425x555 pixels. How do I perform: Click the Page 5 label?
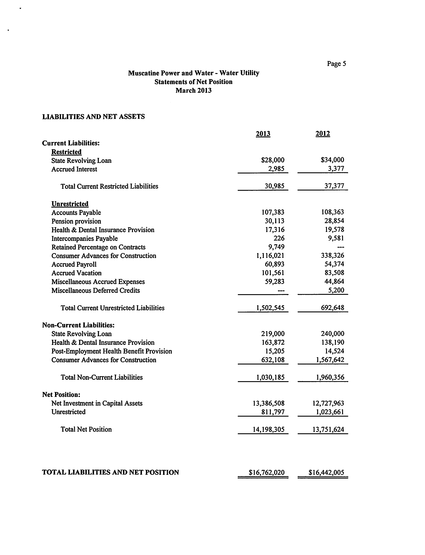point(336,63)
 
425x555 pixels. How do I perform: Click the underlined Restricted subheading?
point(66,152)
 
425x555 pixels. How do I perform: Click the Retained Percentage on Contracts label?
point(98,247)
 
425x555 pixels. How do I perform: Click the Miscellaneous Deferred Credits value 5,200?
point(336,290)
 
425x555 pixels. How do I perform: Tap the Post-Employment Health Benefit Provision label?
point(112,351)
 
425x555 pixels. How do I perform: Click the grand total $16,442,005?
point(326,472)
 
